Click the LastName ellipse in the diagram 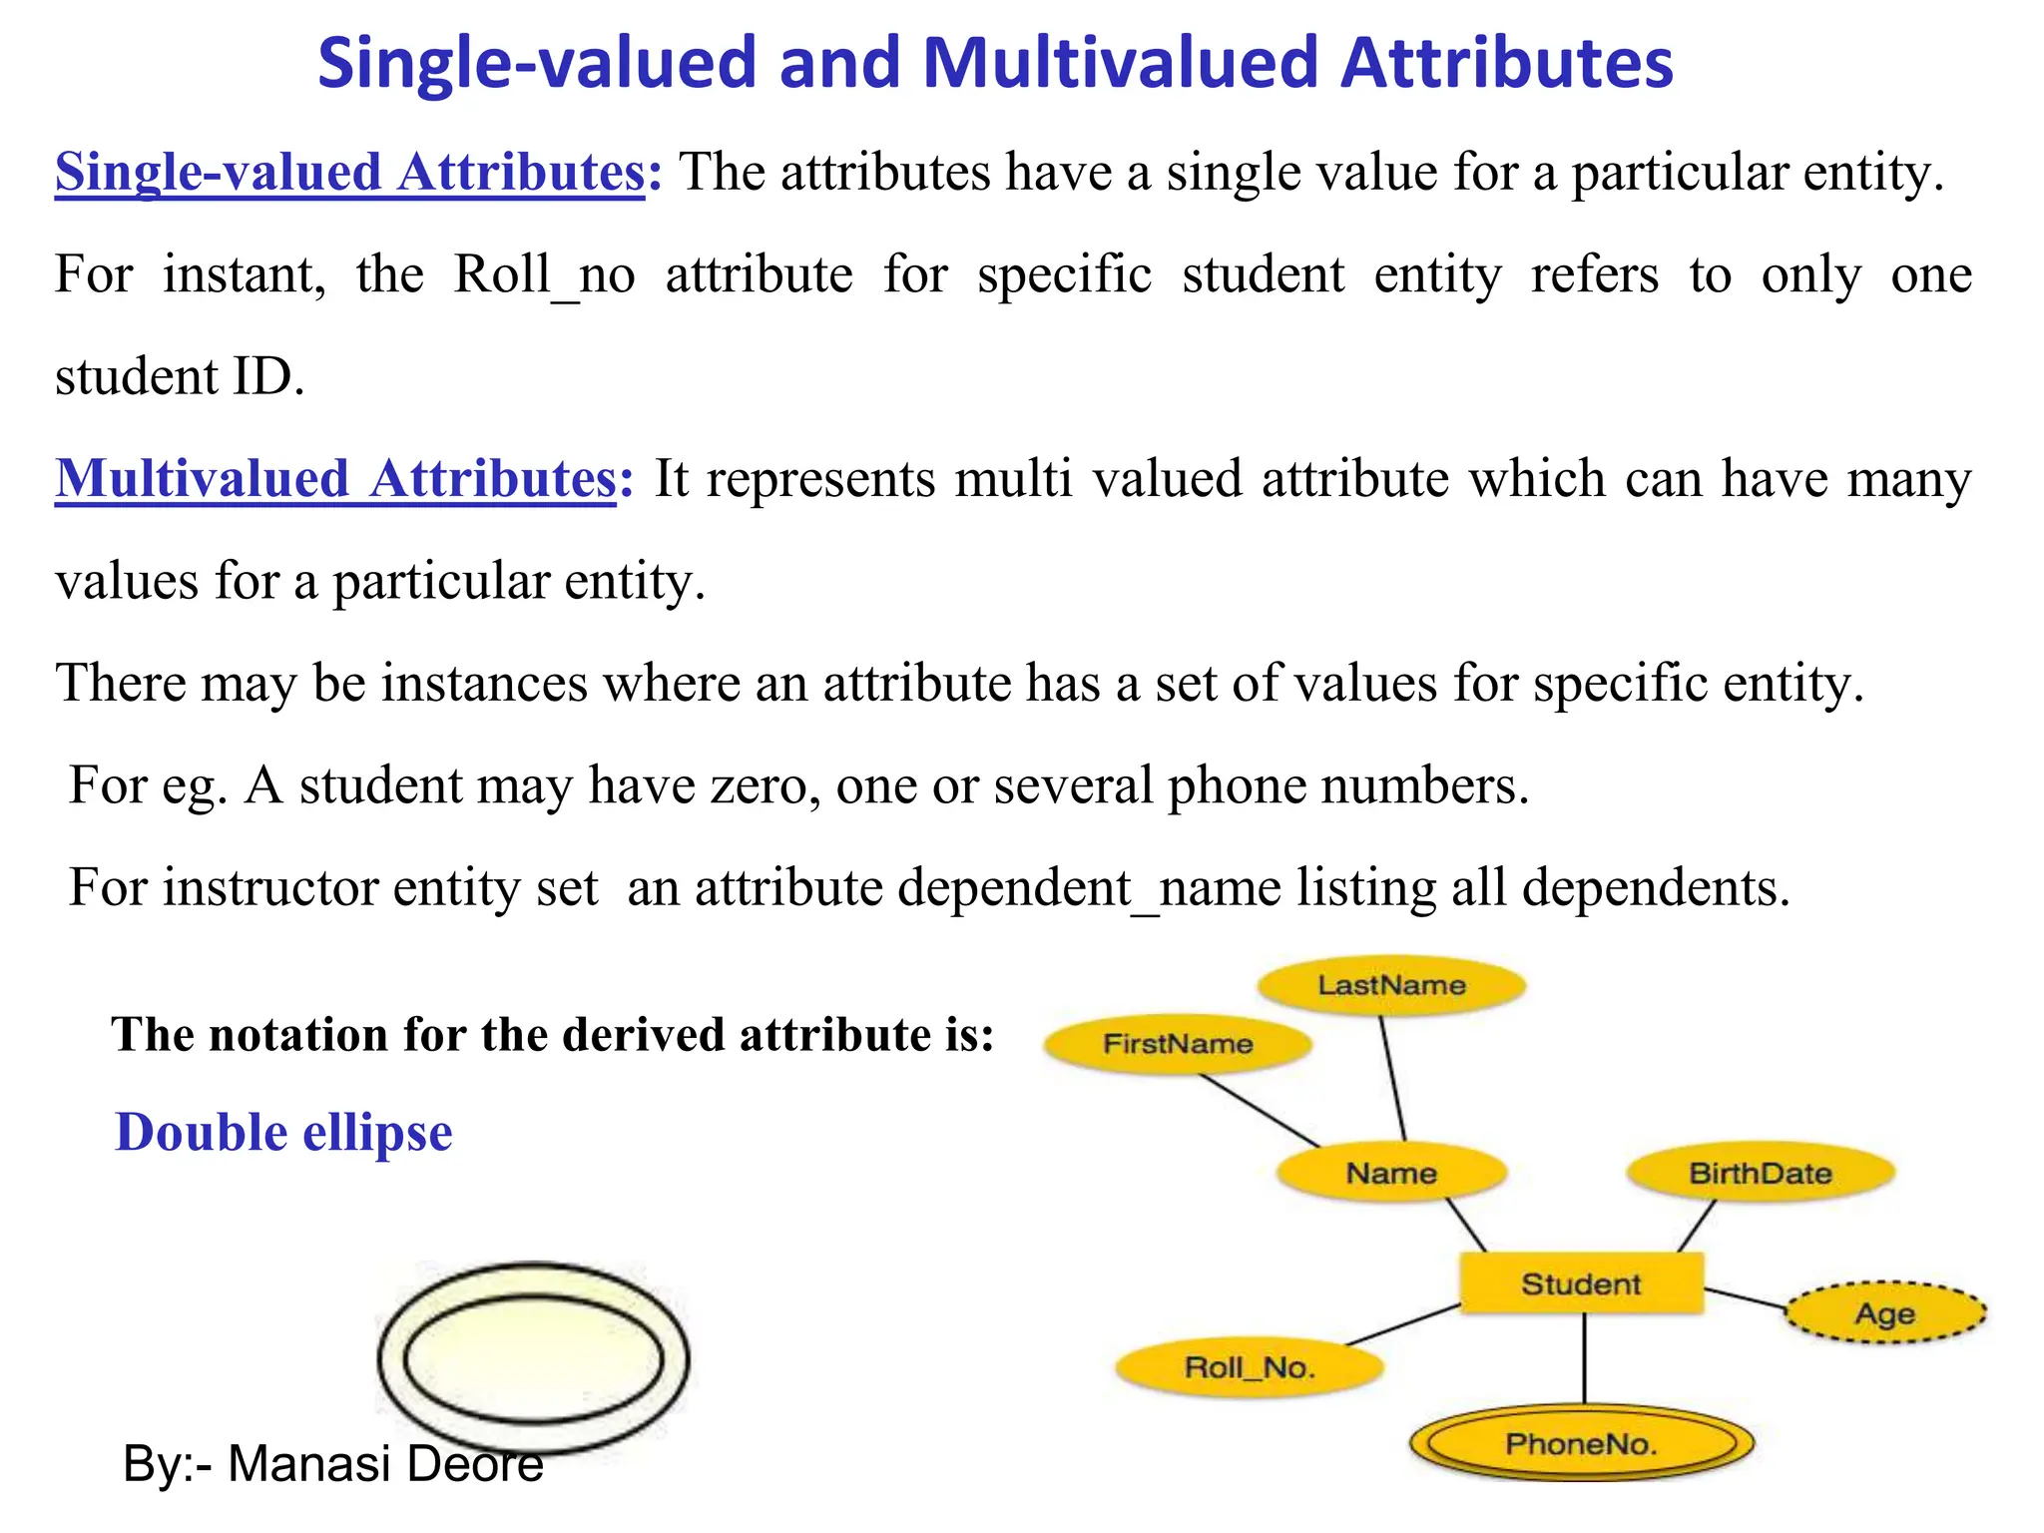[1391, 986]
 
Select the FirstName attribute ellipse [1178, 1044]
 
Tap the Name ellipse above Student [1391, 1173]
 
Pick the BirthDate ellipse [1760, 1173]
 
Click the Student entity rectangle [1581, 1283]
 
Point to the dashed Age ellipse [1884, 1313]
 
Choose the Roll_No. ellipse [1250, 1367]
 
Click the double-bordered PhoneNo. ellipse [1581, 1443]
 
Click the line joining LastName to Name [1393, 1078]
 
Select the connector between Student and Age [1745, 1298]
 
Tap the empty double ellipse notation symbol [533, 1358]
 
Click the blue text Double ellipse [283, 1133]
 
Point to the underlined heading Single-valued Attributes [350, 172]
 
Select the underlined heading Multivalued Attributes [336, 478]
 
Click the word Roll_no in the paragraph [544, 274]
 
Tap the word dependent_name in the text [988, 887]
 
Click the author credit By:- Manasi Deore [333, 1464]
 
